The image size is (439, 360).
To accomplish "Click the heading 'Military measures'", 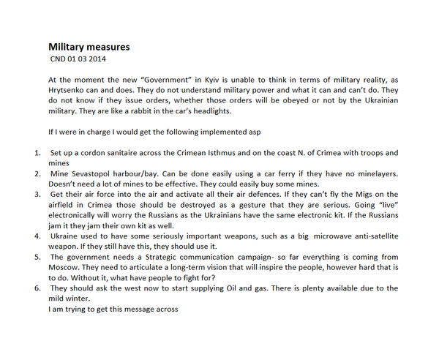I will (89, 47).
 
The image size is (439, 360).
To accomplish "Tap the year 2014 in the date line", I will (103, 59).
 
